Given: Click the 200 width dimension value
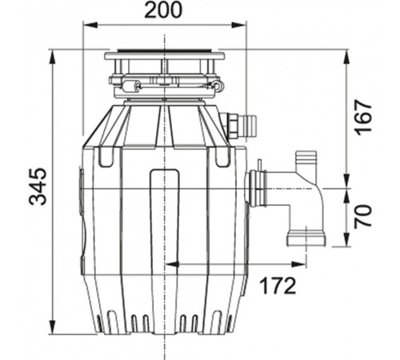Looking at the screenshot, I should pos(163,10).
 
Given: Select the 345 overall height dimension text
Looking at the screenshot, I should pos(38,187).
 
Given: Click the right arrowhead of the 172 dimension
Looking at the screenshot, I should pos(305,264).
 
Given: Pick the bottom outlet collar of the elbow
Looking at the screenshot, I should pos(305,238).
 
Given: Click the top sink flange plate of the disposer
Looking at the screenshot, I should pos(165,57).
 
